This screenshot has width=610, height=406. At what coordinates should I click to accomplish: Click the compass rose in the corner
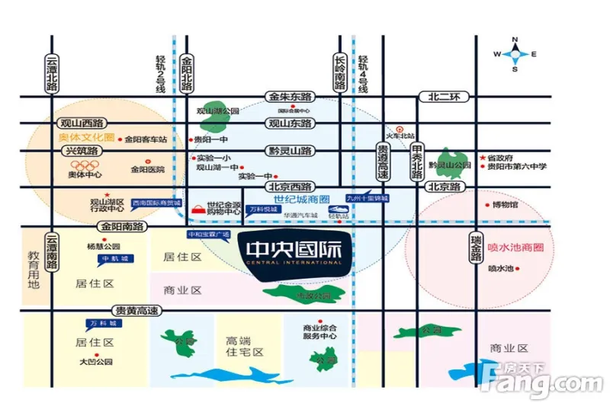(x=515, y=53)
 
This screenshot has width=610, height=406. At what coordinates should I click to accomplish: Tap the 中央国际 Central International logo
(x=294, y=252)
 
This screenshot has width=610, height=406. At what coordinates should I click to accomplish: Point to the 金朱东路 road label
(x=291, y=97)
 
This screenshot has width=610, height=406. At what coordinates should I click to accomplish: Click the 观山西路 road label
(x=82, y=122)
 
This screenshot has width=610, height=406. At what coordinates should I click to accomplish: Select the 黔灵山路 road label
(x=290, y=151)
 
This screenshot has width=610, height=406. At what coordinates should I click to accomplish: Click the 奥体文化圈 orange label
(x=85, y=138)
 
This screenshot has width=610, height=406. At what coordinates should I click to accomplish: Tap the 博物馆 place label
(x=504, y=205)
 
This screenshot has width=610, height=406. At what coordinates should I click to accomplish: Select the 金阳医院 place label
(x=148, y=169)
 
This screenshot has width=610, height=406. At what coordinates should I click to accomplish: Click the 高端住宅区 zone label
(x=244, y=347)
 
